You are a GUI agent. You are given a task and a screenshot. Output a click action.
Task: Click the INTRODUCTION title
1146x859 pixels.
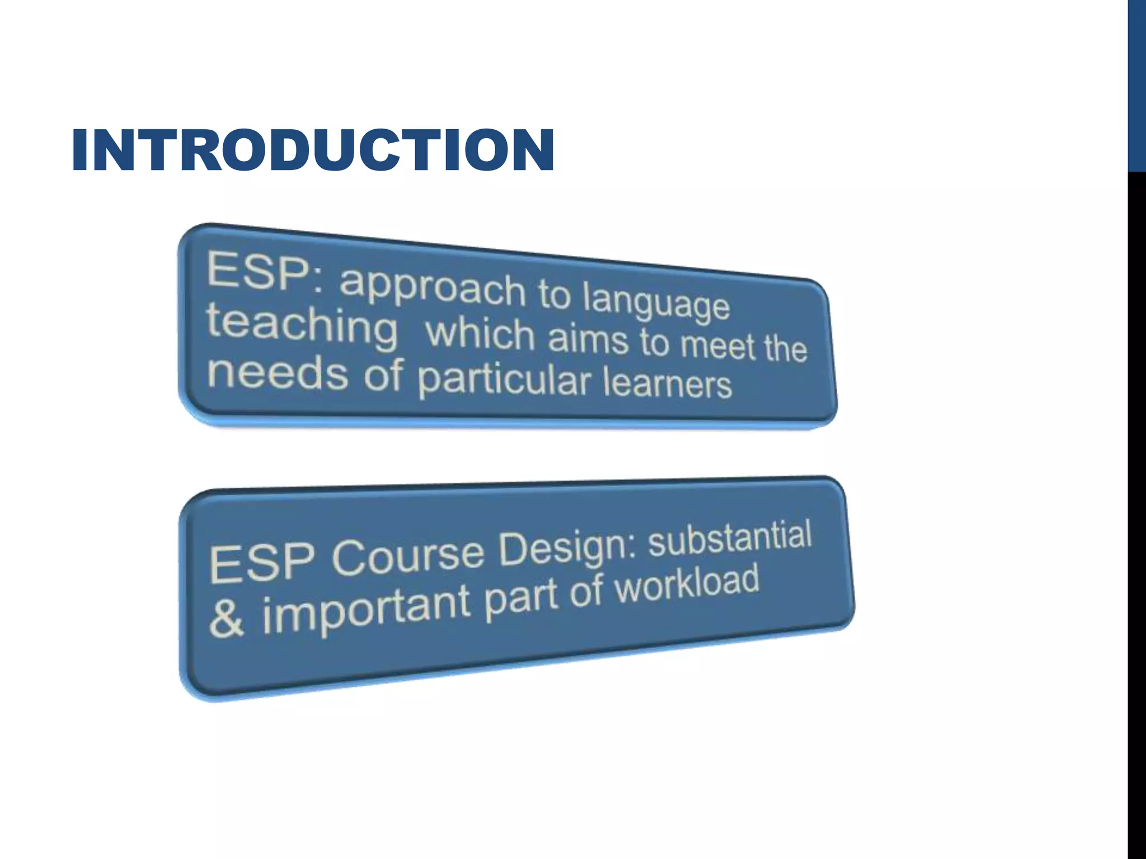coord(313,150)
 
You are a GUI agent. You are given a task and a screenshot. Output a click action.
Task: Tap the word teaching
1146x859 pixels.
coord(302,327)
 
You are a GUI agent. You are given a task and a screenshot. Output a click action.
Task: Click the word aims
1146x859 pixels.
coord(588,340)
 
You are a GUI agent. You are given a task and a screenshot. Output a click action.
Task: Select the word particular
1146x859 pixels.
coord(504,380)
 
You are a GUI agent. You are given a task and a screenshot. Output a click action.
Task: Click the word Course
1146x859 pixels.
coord(408,556)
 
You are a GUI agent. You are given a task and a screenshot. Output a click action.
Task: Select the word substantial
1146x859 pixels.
coord(730,537)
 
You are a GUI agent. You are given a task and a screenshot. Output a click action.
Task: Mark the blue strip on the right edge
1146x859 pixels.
coord(1136,84)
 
